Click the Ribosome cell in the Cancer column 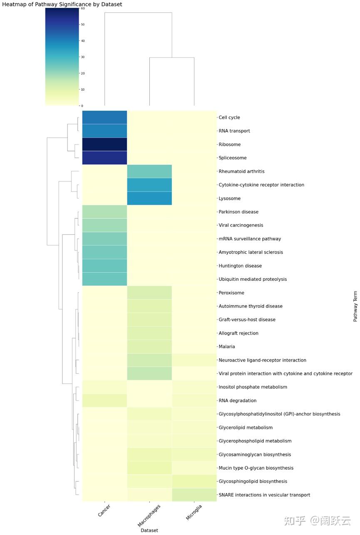(104, 144)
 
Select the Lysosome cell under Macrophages (149, 198)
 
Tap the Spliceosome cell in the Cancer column (104, 158)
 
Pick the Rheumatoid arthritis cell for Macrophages (149, 171)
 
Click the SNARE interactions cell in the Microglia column (194, 495)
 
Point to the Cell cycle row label (229, 118)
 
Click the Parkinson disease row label (238, 212)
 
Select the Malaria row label (227, 347)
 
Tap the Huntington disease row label (240, 266)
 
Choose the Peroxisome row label (231, 293)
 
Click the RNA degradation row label (238, 401)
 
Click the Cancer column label (104, 511)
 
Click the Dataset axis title (149, 530)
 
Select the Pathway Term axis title (355, 306)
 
